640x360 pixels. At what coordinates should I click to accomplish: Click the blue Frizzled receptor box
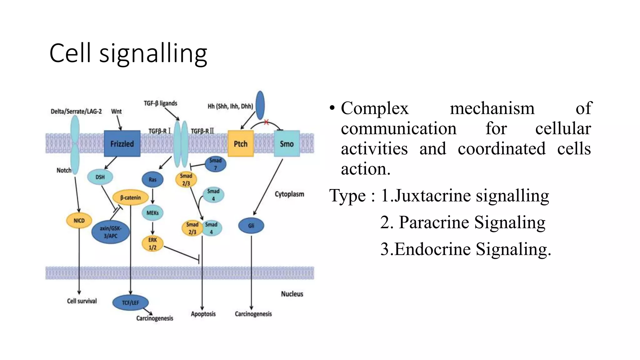[122, 144]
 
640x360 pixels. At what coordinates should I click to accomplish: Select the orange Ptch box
[240, 144]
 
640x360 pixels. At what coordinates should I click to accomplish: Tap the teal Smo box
[287, 144]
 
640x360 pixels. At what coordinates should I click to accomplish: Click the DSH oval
[100, 177]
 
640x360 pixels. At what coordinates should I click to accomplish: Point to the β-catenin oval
[130, 197]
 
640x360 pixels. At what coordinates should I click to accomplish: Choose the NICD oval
[79, 221]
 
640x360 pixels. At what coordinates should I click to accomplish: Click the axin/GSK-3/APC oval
[110, 232]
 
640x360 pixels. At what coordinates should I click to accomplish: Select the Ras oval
[152, 180]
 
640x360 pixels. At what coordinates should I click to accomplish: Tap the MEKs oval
[152, 213]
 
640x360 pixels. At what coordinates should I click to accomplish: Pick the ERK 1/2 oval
[152, 244]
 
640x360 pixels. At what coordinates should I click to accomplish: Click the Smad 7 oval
[215, 164]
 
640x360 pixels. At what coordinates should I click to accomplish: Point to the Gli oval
[251, 226]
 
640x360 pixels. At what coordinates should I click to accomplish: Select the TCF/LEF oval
[130, 302]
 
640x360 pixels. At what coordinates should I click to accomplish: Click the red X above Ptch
[266, 122]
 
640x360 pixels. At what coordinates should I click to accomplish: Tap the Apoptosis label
[203, 314]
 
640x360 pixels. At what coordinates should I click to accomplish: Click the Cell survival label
[82, 301]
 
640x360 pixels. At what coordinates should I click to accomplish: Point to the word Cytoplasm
[289, 194]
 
